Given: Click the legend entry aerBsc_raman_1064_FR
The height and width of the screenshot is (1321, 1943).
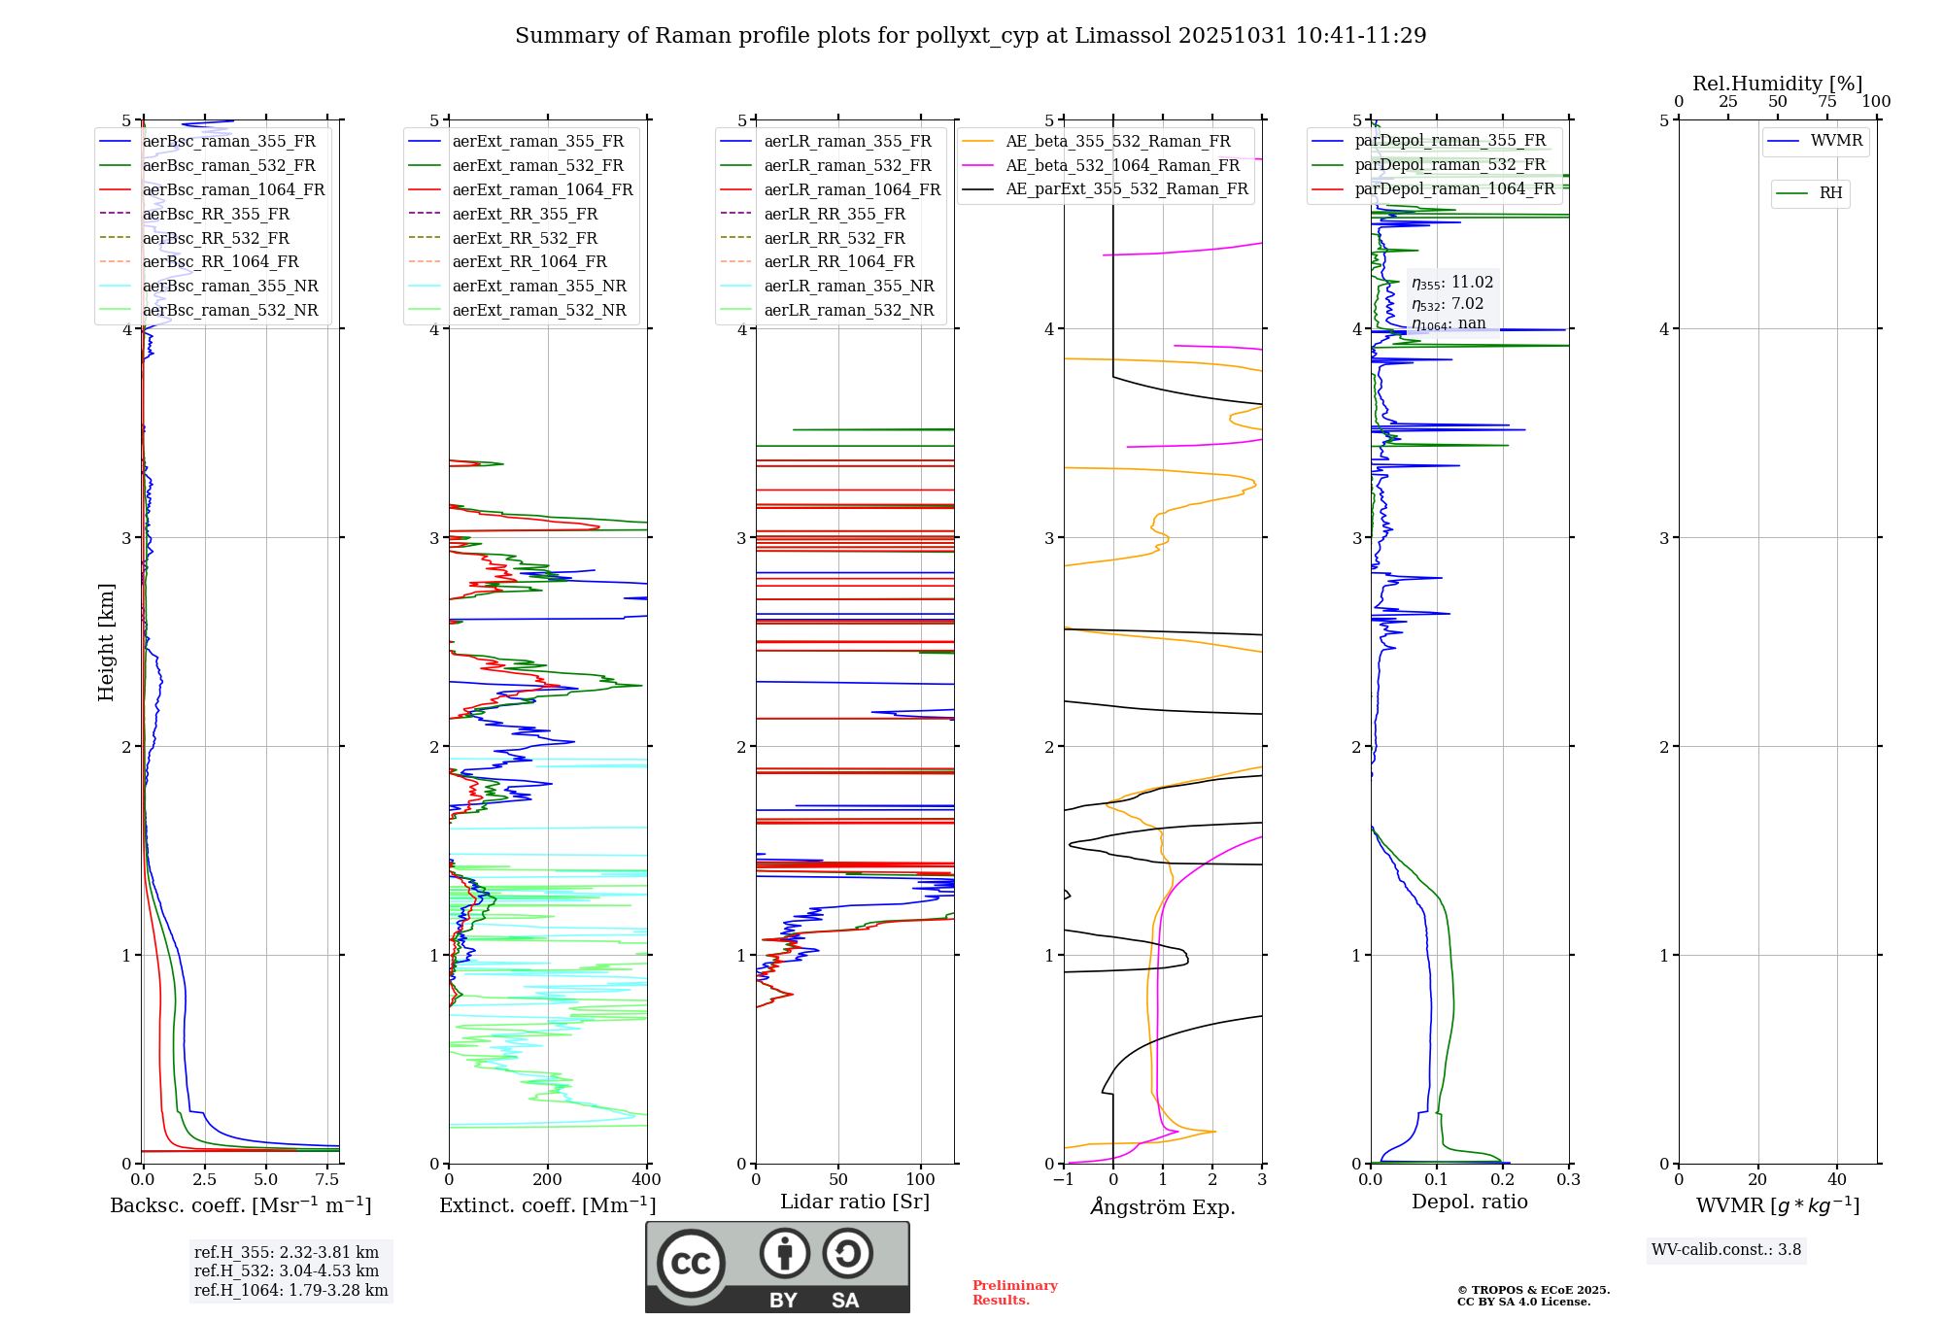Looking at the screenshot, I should click(233, 189).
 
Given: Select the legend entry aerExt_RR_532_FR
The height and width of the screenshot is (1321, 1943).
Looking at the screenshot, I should click(525, 238).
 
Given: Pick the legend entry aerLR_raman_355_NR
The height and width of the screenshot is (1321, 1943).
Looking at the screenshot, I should click(848, 286).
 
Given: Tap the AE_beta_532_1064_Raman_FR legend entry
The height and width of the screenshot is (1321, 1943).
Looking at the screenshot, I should click(1122, 165).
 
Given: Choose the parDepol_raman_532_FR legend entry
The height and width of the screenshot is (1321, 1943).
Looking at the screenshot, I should click(1449, 165).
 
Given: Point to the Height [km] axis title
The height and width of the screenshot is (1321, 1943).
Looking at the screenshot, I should click(106, 642).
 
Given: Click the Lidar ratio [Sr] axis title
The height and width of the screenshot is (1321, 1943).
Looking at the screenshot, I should click(855, 1202).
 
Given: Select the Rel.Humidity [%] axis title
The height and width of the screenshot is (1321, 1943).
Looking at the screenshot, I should click(1777, 84).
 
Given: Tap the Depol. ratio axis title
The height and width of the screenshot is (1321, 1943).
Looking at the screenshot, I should click(1469, 1202).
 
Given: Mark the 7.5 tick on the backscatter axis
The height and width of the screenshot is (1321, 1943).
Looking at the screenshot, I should click(327, 1180).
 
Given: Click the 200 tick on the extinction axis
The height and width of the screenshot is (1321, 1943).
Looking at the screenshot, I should click(548, 1180).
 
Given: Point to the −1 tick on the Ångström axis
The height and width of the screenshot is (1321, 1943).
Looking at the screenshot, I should click(1063, 1180).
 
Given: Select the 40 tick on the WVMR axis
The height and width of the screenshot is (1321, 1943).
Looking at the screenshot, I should click(1836, 1180).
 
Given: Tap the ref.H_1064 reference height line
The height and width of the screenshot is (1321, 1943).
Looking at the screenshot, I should click(290, 1290).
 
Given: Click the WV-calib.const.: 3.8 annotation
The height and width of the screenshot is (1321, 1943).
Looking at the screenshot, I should click(1726, 1249).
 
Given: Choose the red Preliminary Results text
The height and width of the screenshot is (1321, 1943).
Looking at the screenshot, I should click(1014, 1293).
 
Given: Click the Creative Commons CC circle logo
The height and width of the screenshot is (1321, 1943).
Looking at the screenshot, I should click(691, 1263).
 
